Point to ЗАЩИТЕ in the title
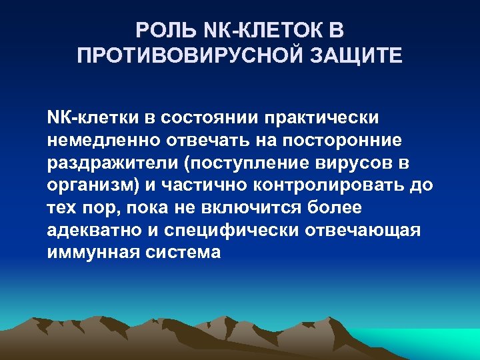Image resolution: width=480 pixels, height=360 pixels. tap(365, 54)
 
